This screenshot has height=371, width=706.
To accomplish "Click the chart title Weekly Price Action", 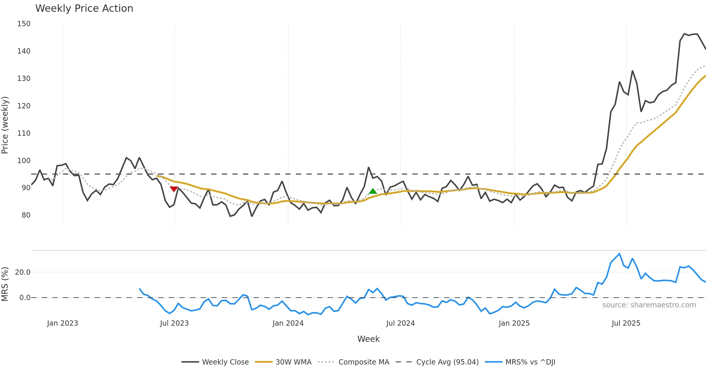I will pyautogui.click(x=84, y=9).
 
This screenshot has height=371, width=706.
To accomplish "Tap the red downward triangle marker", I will pyautogui.click(x=174, y=189).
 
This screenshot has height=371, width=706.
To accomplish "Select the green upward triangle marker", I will pyautogui.click(x=373, y=191).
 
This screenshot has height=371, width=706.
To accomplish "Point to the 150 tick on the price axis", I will pyautogui.click(x=24, y=24).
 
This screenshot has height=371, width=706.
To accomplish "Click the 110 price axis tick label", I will pyautogui.click(x=24, y=133).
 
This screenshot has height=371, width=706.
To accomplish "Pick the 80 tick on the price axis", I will pyautogui.click(x=26, y=215).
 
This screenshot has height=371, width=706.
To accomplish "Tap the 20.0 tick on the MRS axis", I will pyautogui.click(x=23, y=272).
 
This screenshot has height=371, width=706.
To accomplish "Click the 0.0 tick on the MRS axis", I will pyautogui.click(x=25, y=298).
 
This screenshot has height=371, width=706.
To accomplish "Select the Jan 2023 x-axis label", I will pyautogui.click(x=62, y=323).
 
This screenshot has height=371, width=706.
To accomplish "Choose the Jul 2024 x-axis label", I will pyautogui.click(x=400, y=323).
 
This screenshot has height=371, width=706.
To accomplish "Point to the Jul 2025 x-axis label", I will pyautogui.click(x=626, y=323).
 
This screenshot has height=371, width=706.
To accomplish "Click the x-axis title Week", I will pyautogui.click(x=368, y=339).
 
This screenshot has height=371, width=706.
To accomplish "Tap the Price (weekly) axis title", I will pyautogui.click(x=5, y=125).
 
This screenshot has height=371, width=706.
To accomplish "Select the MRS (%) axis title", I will pyautogui.click(x=5, y=284).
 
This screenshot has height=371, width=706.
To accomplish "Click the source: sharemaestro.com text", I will pyautogui.click(x=649, y=305).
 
